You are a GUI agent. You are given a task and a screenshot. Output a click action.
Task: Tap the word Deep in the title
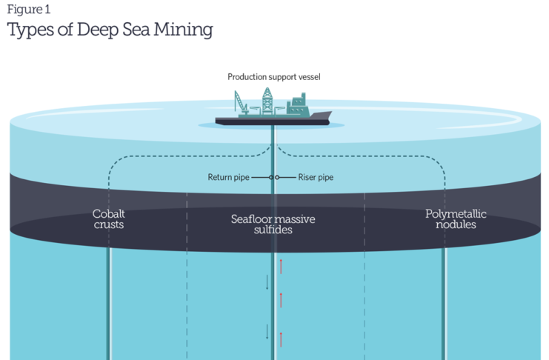point(103,30)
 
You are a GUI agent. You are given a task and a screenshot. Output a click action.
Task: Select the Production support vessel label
point(273,76)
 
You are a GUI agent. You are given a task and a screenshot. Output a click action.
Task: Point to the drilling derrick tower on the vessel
point(267,102)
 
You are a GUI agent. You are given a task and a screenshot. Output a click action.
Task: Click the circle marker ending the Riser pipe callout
point(277,178)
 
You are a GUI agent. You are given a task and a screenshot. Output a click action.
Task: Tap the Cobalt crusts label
point(108,219)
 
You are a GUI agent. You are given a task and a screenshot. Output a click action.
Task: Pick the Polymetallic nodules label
point(456,219)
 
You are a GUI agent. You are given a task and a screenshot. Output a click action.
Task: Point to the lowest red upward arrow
point(281,339)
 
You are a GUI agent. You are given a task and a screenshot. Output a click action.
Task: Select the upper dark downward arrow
point(267,282)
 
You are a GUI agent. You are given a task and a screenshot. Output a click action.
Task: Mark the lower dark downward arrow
point(267,331)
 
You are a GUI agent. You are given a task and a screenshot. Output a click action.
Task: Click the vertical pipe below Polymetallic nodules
point(445,304)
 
